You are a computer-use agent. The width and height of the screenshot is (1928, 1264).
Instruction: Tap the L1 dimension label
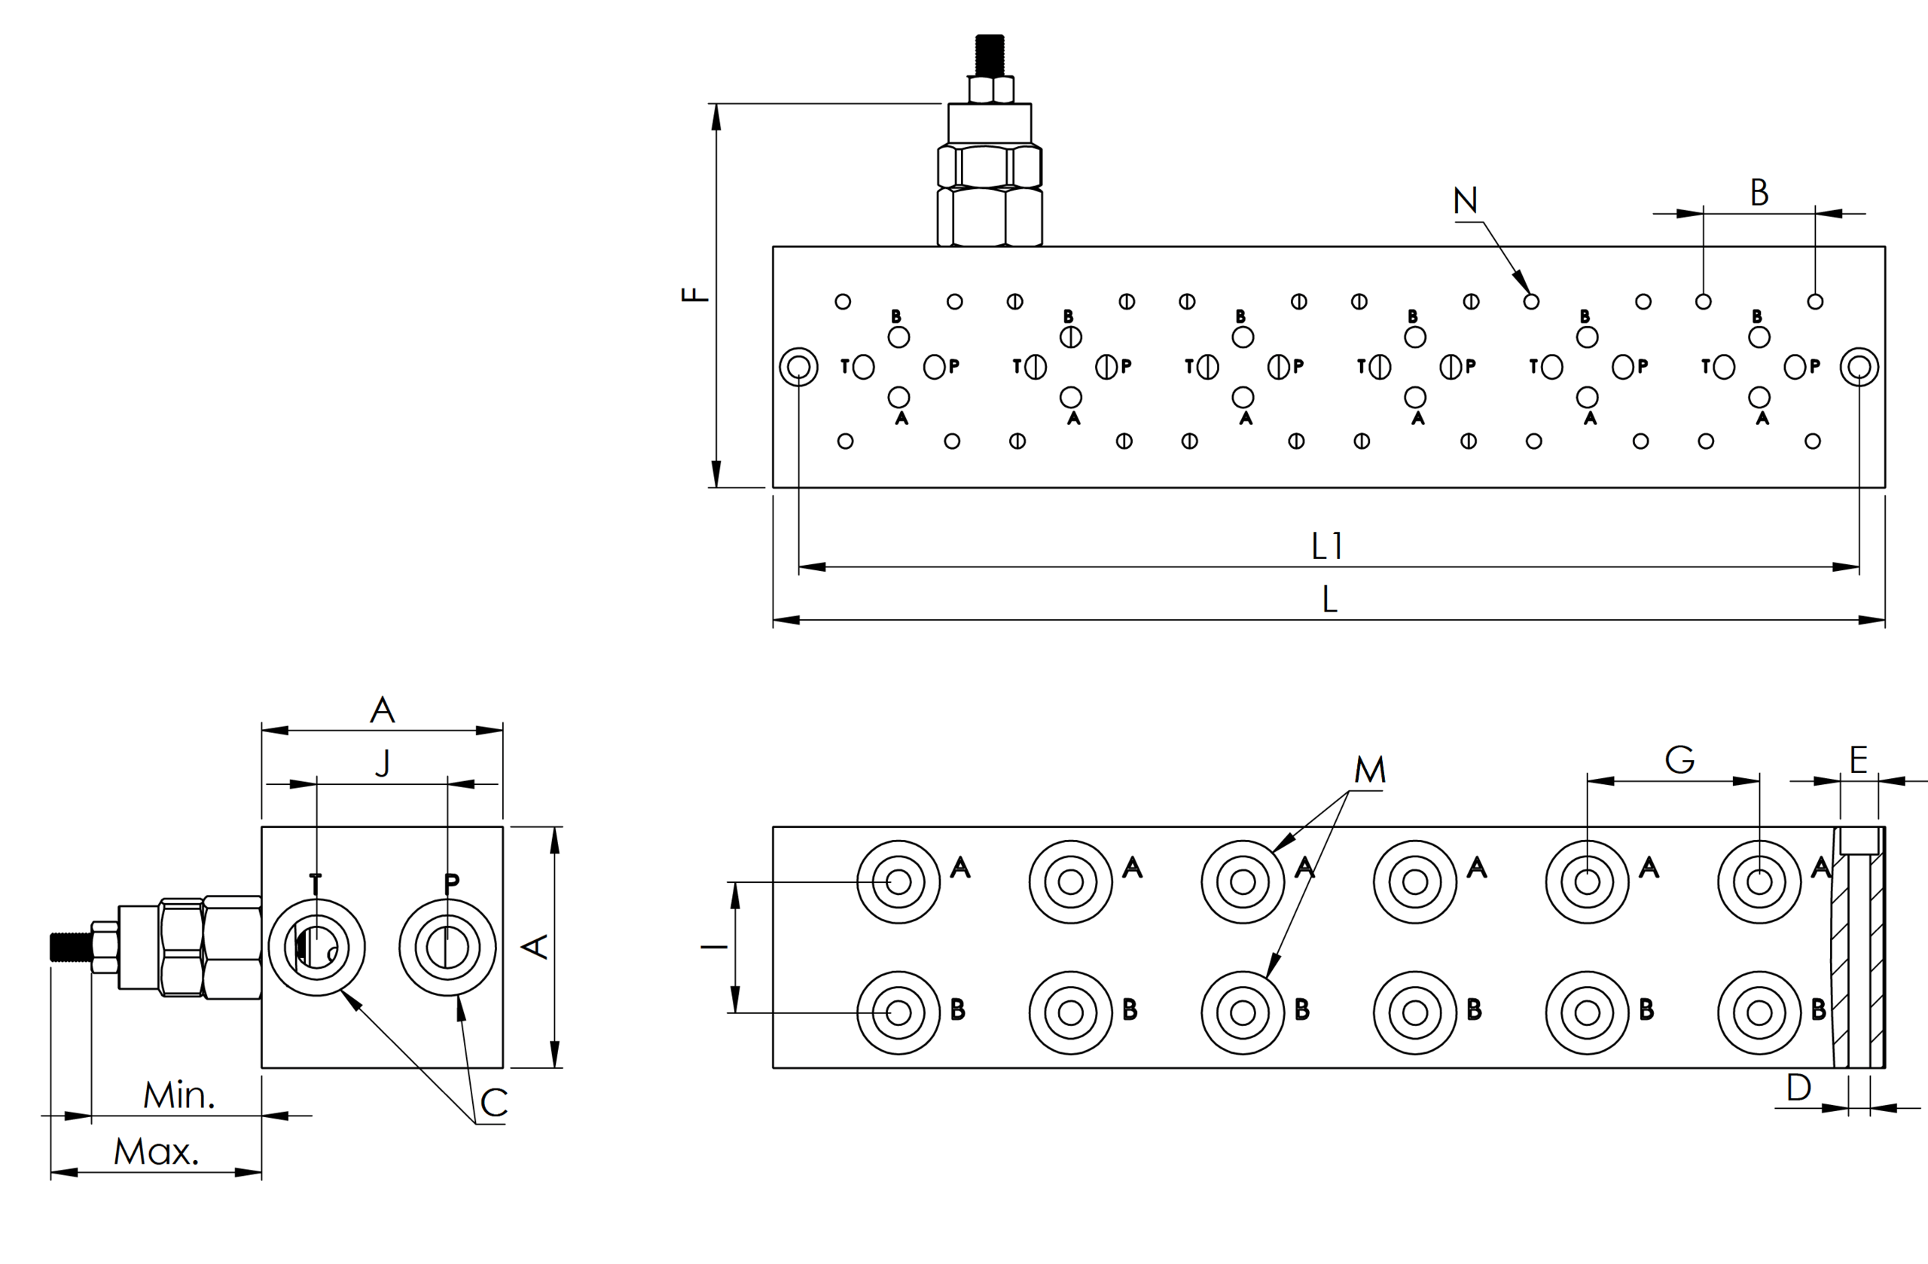1327,546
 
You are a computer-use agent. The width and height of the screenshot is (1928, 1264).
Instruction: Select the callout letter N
1466,200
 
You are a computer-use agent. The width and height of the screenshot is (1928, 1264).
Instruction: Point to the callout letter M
1370,770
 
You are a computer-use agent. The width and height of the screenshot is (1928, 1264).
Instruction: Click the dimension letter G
1679,760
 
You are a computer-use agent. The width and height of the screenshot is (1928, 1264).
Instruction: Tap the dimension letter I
715,946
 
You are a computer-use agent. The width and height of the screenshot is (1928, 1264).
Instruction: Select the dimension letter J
383,762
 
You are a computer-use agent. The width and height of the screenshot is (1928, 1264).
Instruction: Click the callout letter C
494,1103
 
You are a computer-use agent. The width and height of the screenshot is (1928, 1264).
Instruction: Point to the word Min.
179,1095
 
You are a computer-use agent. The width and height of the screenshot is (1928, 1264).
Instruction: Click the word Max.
157,1151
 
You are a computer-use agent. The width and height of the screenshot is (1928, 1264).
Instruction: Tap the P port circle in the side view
447,946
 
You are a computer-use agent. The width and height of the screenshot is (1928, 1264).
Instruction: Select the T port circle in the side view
316,946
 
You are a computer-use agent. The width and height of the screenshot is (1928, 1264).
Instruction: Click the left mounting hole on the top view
799,367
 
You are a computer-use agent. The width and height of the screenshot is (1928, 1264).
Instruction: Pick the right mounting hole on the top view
1859,367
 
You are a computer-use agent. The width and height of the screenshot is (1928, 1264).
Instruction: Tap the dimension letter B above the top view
1759,193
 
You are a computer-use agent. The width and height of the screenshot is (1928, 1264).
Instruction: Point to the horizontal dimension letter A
383,710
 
